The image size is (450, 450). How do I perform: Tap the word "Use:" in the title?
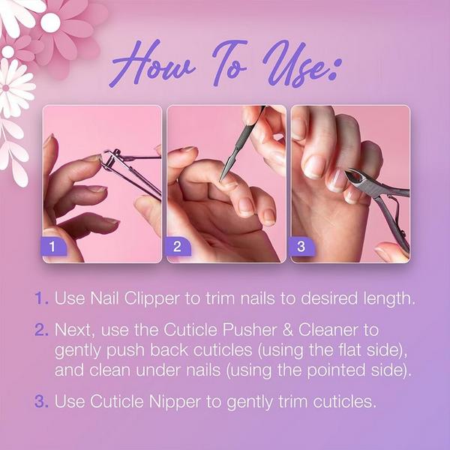coord(301,64)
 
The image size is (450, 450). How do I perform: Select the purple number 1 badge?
coord(53,246)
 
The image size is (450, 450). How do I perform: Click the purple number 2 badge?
coord(178,246)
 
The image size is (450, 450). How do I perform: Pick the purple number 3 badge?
coord(302,246)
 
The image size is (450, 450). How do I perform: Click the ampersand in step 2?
coord(287,330)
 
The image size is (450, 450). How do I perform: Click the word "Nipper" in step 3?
coord(175,402)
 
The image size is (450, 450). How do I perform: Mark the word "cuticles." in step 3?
coord(344,401)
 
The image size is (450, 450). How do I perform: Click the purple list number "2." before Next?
coord(41,330)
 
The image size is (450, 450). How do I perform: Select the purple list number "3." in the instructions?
coord(41,401)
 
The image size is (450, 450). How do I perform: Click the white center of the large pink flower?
coord(50,22)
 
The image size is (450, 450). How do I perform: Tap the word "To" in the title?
coord(229,64)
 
